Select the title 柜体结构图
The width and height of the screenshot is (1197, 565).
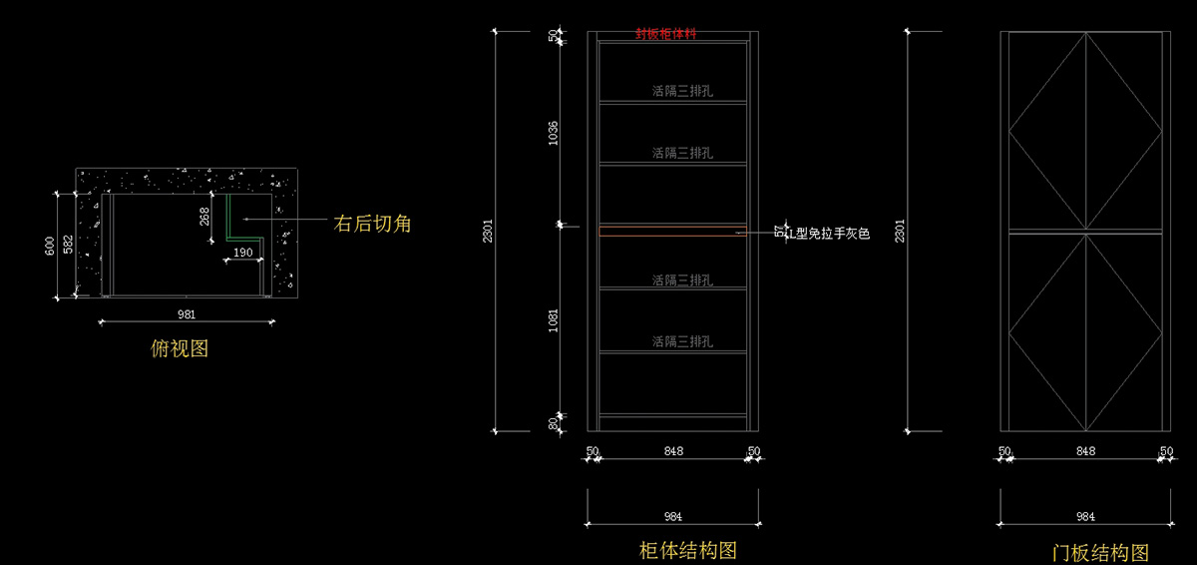pos(688,550)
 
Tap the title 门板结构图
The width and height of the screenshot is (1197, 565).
pos(1100,552)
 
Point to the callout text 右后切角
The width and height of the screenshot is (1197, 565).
pos(371,225)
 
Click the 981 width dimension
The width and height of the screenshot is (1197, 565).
pos(187,313)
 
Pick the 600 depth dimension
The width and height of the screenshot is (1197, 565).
pos(50,246)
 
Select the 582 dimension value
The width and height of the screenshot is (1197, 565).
pos(67,246)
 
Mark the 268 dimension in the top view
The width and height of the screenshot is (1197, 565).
pos(204,217)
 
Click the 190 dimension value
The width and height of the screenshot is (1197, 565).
pos(242,253)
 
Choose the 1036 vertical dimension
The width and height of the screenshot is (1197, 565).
pos(554,134)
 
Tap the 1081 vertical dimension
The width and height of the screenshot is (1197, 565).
pos(554,321)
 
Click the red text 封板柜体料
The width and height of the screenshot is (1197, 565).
pos(666,33)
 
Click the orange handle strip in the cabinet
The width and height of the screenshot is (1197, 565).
pos(673,232)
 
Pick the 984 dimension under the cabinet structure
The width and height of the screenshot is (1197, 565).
pos(673,516)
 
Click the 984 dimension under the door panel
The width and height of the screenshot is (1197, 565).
pos(1085,516)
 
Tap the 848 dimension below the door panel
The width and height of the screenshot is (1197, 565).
pos(1085,451)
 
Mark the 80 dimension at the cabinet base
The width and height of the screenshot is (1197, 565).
pos(555,423)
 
